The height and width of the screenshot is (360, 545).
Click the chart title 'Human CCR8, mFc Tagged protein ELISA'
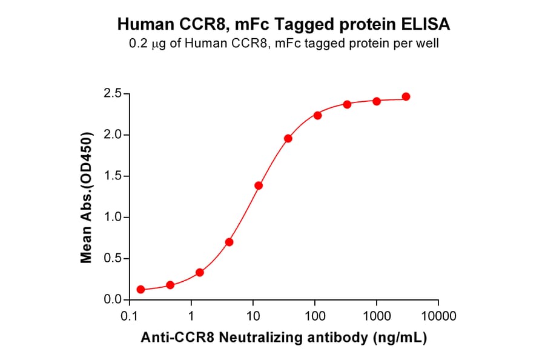[x=283, y=24]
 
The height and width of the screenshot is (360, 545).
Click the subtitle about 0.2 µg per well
[x=283, y=44]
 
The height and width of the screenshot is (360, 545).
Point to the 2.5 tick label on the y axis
[x=113, y=93]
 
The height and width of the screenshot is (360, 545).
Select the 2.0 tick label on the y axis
[x=113, y=135]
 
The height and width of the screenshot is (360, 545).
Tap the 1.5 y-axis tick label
[x=113, y=176]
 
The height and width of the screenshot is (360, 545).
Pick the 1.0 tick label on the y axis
[x=113, y=218]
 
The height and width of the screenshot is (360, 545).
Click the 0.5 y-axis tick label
[x=113, y=259]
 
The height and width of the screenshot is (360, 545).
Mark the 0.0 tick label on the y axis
[x=113, y=300]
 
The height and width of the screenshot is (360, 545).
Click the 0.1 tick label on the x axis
[x=128, y=316]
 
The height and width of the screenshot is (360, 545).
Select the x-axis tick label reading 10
[x=253, y=316]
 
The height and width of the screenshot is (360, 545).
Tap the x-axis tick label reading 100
[x=315, y=316]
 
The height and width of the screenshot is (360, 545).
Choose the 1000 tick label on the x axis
[x=377, y=316]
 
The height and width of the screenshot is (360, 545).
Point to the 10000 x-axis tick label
[x=438, y=316]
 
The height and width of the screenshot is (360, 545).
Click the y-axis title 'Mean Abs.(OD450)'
[x=87, y=197]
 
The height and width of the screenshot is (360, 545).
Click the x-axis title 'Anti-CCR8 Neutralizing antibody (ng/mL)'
[x=283, y=339]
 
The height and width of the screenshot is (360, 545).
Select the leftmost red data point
[x=140, y=290]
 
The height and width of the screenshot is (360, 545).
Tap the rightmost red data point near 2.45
[x=406, y=97]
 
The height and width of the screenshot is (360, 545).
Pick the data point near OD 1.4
[x=259, y=185]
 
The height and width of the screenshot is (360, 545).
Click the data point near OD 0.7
[x=229, y=242]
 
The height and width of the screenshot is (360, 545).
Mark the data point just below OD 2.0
[x=288, y=139]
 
